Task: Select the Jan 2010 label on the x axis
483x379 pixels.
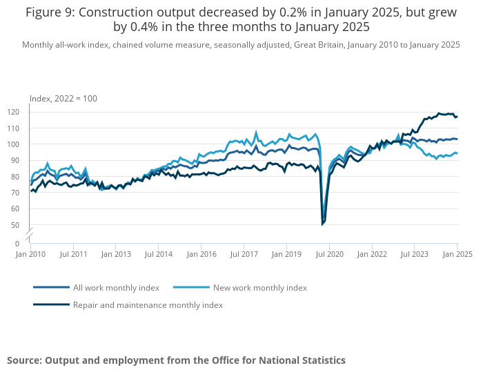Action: click(x=30, y=254)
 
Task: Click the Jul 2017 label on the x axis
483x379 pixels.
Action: click(x=244, y=254)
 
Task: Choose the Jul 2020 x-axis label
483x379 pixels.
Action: click(x=329, y=254)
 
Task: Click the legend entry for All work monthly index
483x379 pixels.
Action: click(x=116, y=287)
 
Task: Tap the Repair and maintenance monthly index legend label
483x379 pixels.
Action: click(x=148, y=304)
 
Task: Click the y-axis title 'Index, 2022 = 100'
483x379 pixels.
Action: click(x=63, y=99)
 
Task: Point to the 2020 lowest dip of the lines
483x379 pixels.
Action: click(x=322, y=224)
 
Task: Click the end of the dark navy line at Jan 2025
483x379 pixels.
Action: click(x=457, y=117)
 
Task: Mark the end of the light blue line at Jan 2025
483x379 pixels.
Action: click(x=457, y=153)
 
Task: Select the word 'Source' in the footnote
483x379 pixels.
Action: click(x=23, y=360)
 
